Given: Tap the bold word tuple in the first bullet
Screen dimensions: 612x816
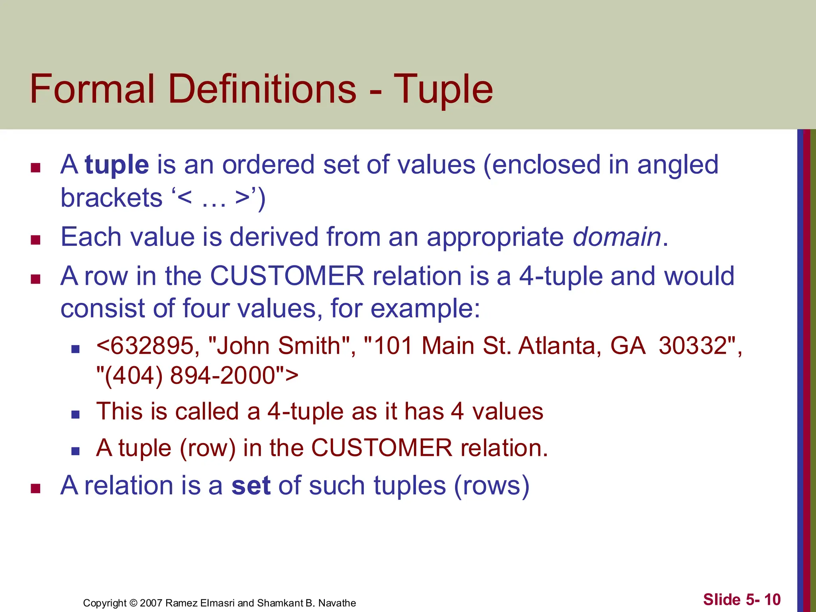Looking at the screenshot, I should [x=117, y=165].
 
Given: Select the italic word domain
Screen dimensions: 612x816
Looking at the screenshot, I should [x=617, y=237].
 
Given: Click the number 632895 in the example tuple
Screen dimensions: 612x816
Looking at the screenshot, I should [x=152, y=345].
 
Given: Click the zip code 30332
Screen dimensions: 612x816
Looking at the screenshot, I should [x=692, y=345].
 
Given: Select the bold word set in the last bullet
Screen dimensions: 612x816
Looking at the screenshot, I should [x=251, y=486].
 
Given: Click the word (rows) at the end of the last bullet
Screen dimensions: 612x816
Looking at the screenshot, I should [x=492, y=486].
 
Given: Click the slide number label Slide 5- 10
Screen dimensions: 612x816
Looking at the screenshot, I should [x=741, y=599].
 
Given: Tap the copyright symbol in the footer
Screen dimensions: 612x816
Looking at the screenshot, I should [x=133, y=603].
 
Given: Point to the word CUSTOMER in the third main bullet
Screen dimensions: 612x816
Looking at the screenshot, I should [x=287, y=276].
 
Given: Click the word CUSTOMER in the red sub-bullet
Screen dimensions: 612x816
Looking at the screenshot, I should [x=381, y=448].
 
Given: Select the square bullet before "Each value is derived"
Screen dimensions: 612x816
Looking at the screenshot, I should [x=36, y=240].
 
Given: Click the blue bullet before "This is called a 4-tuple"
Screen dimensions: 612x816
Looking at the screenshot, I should [x=75, y=415].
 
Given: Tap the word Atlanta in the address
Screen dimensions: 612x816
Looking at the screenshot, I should [x=559, y=345].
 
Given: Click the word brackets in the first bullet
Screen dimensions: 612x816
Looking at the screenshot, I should [x=112, y=198].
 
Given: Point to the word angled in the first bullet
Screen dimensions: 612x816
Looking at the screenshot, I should [x=678, y=165].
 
